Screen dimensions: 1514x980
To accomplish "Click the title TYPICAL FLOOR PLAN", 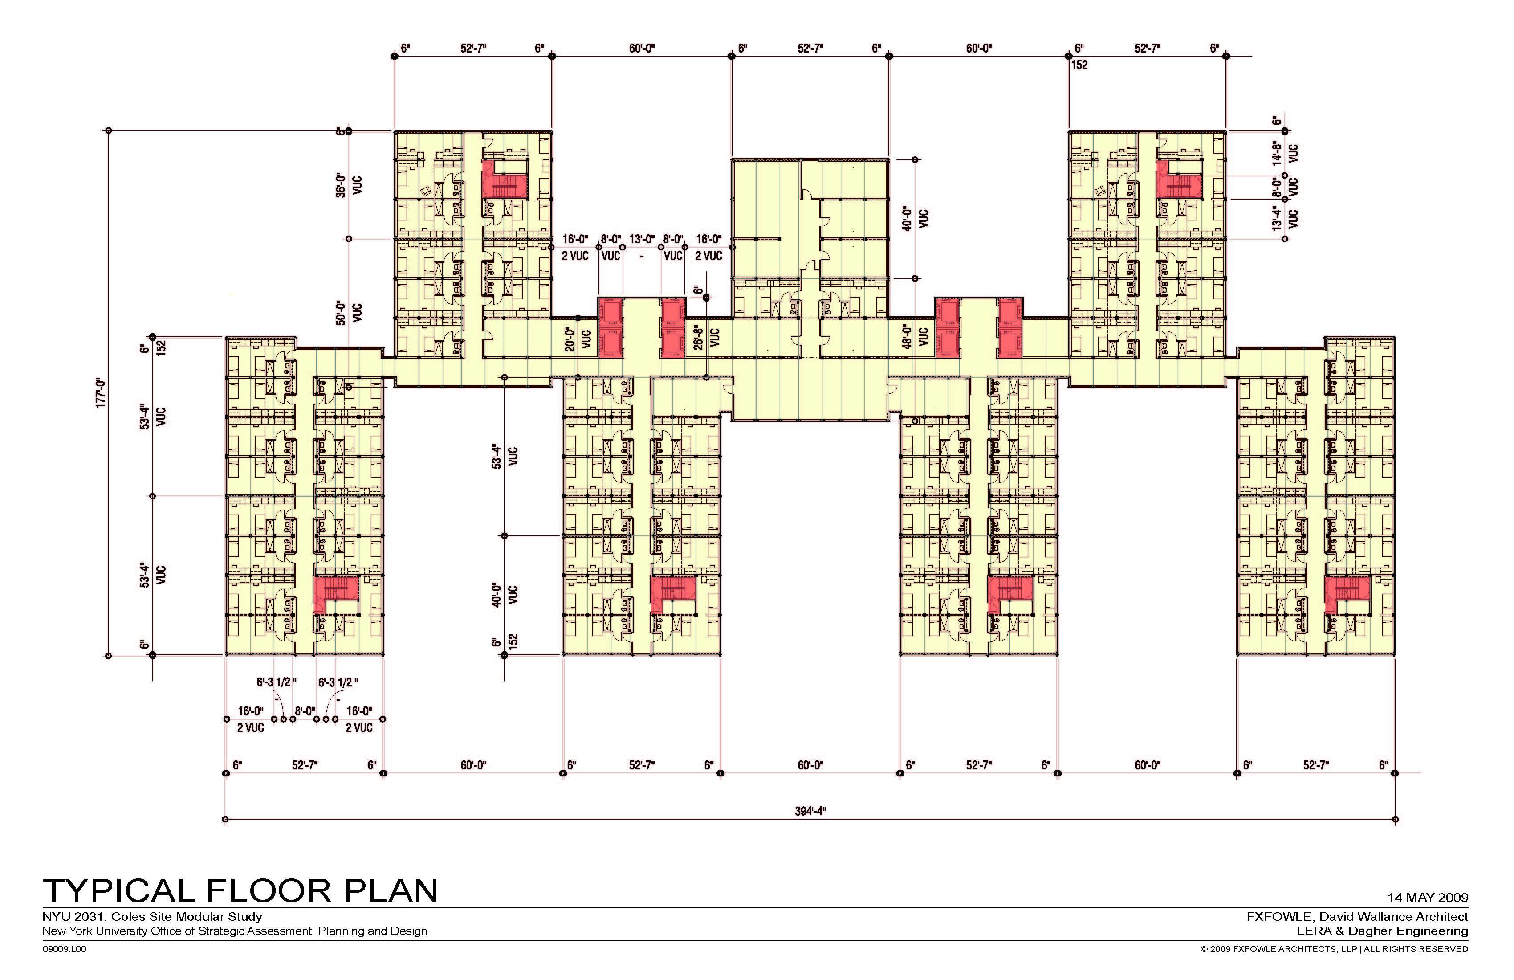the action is pyautogui.click(x=240, y=891).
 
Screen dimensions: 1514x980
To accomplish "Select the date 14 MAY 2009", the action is pyautogui.click(x=1428, y=898).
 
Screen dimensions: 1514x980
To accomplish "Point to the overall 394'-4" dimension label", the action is pyautogui.click(x=810, y=811).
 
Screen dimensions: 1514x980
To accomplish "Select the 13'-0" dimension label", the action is pyautogui.click(x=642, y=239).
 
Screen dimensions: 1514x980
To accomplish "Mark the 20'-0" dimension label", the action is pyautogui.click(x=570, y=339).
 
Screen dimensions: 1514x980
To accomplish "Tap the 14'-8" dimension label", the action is pyautogui.click(x=1276, y=153).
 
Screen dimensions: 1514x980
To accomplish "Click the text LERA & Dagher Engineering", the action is pyautogui.click(x=1382, y=931).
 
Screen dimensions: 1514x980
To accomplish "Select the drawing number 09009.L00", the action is pyautogui.click(x=64, y=949).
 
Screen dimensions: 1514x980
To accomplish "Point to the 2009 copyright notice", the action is pyautogui.click(x=1334, y=949).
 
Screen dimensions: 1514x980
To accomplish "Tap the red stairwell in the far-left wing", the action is pyautogui.click(x=336, y=594).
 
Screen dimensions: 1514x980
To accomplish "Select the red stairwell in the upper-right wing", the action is pyautogui.click(x=1179, y=179).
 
